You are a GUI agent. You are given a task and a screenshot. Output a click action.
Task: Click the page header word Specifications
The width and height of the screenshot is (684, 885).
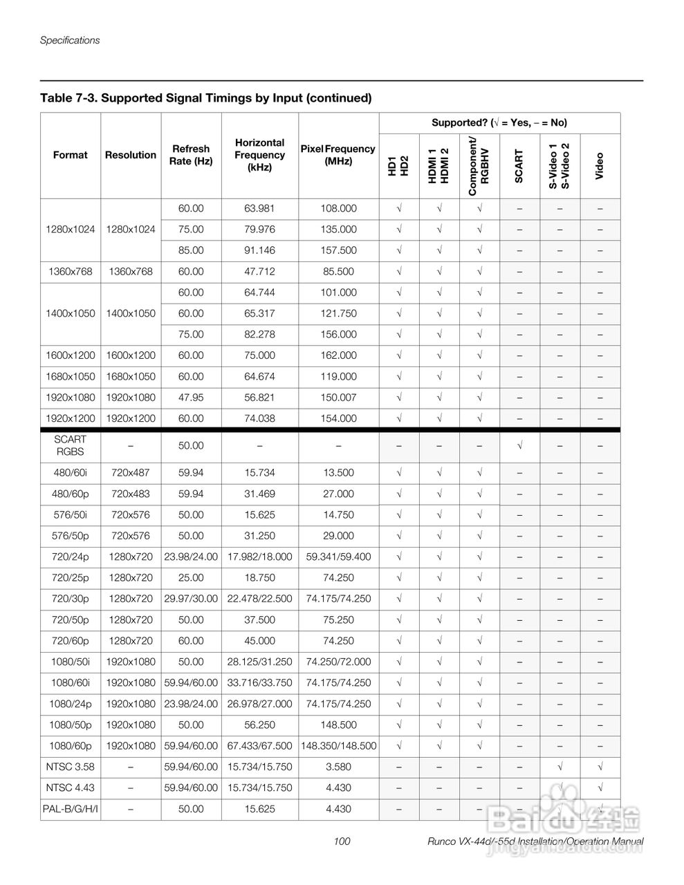click(x=70, y=40)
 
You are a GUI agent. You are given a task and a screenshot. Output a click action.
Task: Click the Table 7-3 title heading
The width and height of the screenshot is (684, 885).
click(x=206, y=97)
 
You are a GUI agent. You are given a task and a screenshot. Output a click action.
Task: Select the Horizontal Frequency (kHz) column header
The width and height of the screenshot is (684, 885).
click(x=259, y=155)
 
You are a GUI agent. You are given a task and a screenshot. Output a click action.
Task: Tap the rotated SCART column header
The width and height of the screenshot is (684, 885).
click(x=519, y=166)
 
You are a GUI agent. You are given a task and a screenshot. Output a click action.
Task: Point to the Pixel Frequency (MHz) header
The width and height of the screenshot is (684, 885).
click(x=338, y=155)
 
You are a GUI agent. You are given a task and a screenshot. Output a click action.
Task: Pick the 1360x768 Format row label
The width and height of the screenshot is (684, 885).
click(x=71, y=272)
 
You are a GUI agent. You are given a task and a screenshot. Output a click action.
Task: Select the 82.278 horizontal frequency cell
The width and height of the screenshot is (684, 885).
click(x=259, y=335)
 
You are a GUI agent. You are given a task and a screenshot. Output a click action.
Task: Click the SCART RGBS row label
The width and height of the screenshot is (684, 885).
click(x=71, y=445)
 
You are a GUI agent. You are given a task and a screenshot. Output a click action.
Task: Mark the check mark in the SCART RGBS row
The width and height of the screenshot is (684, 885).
click(x=519, y=445)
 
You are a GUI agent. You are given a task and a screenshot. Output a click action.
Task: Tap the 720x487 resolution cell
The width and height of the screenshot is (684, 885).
click(x=131, y=473)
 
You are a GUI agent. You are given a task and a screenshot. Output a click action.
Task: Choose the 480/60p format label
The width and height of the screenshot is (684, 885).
click(x=71, y=494)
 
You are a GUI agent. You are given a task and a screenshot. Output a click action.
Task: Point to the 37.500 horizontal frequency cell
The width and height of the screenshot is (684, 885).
click(x=259, y=619)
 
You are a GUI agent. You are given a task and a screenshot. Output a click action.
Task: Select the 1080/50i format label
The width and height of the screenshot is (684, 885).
click(x=71, y=662)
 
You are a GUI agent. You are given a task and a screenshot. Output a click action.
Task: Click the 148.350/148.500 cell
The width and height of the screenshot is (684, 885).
click(x=338, y=746)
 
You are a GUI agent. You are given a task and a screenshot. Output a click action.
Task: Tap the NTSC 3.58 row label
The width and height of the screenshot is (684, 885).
click(x=71, y=767)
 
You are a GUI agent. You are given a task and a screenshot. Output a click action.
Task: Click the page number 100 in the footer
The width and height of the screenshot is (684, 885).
click(x=342, y=841)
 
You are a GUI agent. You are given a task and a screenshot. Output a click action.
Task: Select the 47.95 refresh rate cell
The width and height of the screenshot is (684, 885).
click(x=191, y=398)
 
